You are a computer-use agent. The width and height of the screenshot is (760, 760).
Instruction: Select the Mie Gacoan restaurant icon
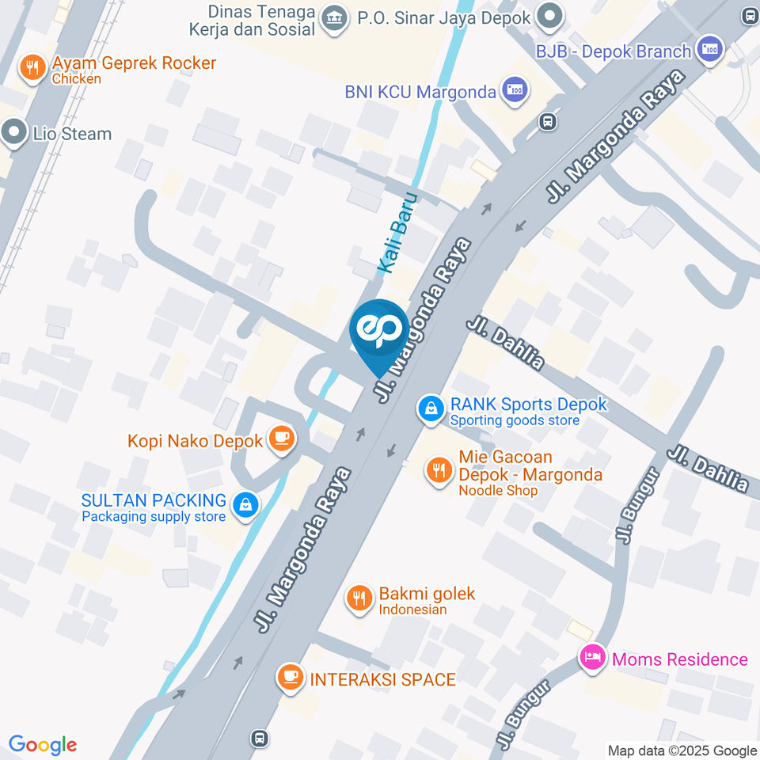pyautogui.click(x=438, y=472)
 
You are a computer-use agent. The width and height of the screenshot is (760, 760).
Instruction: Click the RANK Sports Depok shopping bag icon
pyautogui.click(x=430, y=408)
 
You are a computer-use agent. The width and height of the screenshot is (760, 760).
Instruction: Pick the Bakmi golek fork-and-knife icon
pyautogui.click(x=359, y=598)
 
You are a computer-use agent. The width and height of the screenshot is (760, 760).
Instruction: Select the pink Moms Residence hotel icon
pyautogui.click(x=592, y=658)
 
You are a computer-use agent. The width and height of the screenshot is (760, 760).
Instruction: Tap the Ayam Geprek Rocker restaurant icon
pyautogui.click(x=32, y=68)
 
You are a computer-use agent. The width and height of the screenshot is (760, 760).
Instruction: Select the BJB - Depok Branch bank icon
pyautogui.click(x=710, y=50)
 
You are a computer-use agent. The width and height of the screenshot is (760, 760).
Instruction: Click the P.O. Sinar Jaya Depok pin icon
pyautogui.click(x=549, y=15)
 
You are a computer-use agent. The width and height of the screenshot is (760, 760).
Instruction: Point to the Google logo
pyautogui.click(x=43, y=745)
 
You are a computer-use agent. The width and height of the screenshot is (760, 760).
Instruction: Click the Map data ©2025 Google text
pyautogui.click(x=682, y=750)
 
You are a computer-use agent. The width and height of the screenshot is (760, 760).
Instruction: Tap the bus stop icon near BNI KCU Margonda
pyautogui.click(x=546, y=121)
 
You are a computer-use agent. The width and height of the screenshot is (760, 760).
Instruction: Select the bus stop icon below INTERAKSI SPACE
pyautogui.click(x=258, y=738)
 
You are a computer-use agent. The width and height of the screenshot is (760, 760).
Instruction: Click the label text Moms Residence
pyautogui.click(x=679, y=659)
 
